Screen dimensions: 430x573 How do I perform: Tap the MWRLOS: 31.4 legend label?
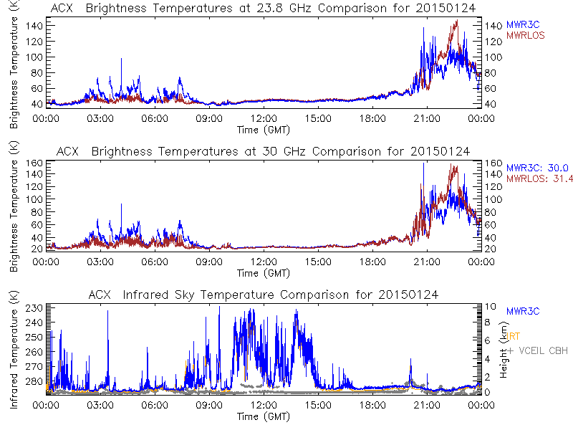pyautogui.click(x=538, y=178)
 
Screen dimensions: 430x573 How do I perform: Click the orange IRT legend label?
pyautogui.click(x=514, y=335)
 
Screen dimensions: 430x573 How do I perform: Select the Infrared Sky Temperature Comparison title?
pyautogui.click(x=263, y=295)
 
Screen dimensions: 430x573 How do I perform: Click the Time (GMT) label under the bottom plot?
pyautogui.click(x=262, y=416)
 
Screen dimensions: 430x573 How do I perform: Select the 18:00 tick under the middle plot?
pyautogui.click(x=372, y=262)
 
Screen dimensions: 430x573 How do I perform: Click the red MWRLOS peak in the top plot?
pyautogui.click(x=456, y=21)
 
